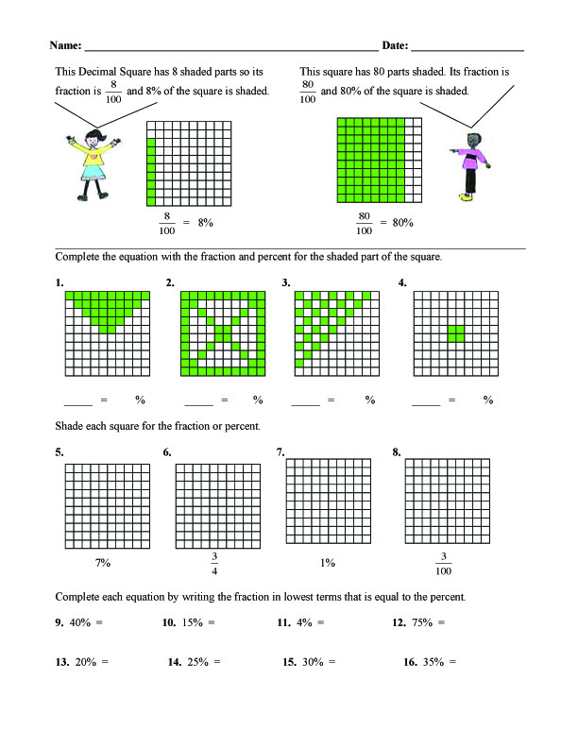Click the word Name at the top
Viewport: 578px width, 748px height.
(x=63, y=45)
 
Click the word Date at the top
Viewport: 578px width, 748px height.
(x=393, y=45)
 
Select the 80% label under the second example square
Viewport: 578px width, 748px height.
(x=402, y=223)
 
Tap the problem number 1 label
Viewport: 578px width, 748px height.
(x=59, y=282)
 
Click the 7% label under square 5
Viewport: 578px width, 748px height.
(x=103, y=563)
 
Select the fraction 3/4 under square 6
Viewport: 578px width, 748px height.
(x=213, y=563)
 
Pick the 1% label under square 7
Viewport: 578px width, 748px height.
(x=327, y=563)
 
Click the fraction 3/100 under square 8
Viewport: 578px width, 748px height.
(x=443, y=563)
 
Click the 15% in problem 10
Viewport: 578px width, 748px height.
(x=193, y=622)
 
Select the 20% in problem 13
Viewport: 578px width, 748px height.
(x=86, y=662)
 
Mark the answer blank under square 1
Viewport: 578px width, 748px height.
(x=77, y=400)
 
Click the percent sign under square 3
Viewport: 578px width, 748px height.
(x=370, y=400)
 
